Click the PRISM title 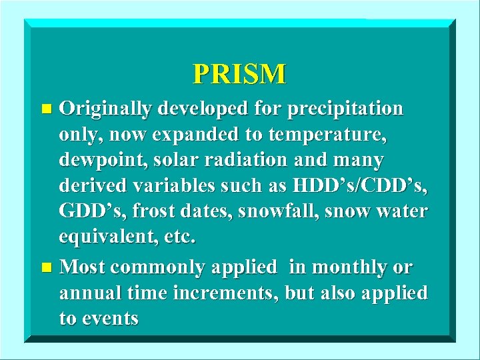pos(239,73)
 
